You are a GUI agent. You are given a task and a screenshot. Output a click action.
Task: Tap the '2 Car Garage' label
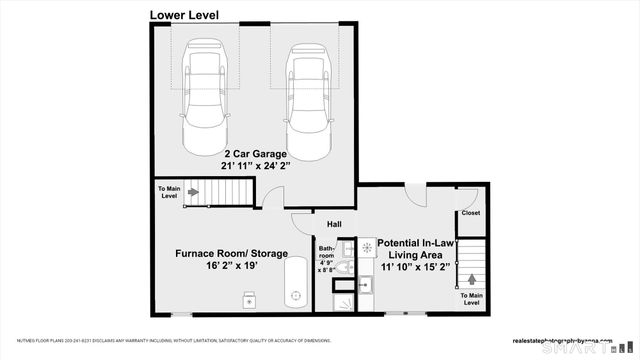click(x=255, y=154)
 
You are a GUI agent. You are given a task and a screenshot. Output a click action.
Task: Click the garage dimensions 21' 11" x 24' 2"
click(x=255, y=167)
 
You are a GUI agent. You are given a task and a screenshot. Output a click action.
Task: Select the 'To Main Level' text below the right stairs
click(x=470, y=300)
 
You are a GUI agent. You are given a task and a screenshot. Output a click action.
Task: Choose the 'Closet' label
click(x=470, y=213)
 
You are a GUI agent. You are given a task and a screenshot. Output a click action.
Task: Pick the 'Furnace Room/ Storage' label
click(x=232, y=254)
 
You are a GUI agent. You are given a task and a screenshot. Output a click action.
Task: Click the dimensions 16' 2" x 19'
click(x=232, y=268)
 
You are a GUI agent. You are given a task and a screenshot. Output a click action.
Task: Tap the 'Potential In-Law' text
click(x=418, y=243)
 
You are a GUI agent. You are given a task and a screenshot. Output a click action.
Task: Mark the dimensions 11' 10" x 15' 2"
click(x=418, y=269)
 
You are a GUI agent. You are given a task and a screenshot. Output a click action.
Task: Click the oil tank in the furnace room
click(x=296, y=282)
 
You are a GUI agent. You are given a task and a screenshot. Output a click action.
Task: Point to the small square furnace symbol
click(x=249, y=297)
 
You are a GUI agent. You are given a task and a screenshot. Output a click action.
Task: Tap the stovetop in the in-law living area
click(x=367, y=247)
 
